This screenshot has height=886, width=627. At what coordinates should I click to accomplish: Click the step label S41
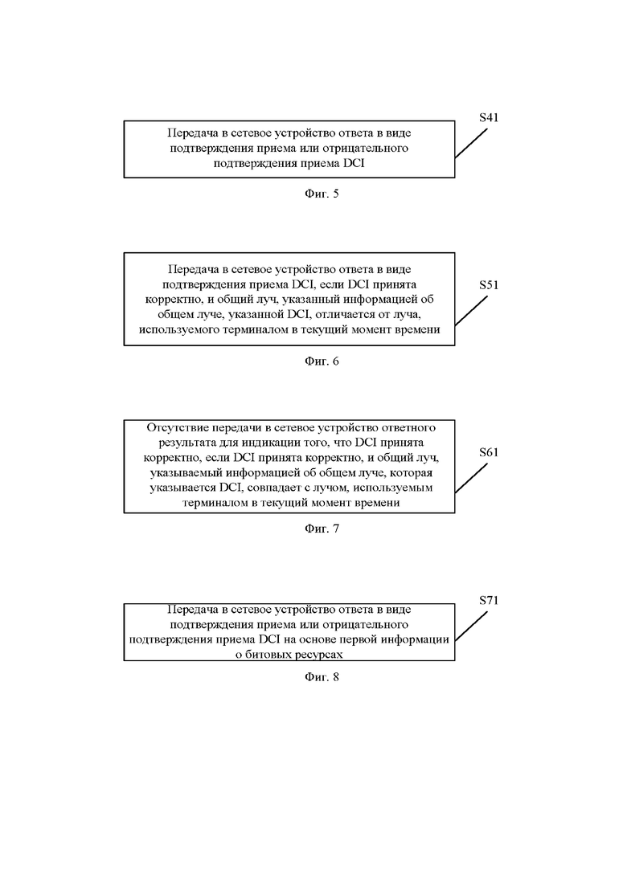click(x=489, y=117)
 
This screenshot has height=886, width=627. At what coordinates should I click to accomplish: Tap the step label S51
click(x=489, y=285)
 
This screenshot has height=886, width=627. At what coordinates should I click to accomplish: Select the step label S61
click(x=489, y=452)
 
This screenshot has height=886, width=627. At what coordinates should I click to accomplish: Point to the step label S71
click(x=489, y=600)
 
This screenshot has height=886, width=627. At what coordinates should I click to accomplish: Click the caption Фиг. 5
click(x=322, y=194)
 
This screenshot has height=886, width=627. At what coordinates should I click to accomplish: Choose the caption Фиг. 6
click(x=322, y=361)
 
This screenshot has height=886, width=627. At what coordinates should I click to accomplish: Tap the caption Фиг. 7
click(x=322, y=529)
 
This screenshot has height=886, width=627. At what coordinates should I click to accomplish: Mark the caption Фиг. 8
click(x=322, y=676)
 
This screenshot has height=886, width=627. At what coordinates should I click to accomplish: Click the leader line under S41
click(x=471, y=143)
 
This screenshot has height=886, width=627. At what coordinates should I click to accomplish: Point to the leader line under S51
click(x=471, y=311)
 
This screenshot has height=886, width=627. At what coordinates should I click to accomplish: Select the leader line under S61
click(x=471, y=478)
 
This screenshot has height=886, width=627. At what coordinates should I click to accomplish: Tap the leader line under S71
click(x=471, y=626)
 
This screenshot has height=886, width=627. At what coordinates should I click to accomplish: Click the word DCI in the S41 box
click(x=354, y=163)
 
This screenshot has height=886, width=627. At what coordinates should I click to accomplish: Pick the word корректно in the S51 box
click(x=170, y=300)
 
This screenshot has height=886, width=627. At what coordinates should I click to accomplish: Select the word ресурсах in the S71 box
click(x=319, y=655)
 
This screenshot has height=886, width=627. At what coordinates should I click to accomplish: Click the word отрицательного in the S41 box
click(x=365, y=149)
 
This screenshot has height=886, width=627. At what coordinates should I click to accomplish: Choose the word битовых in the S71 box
click(x=272, y=655)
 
